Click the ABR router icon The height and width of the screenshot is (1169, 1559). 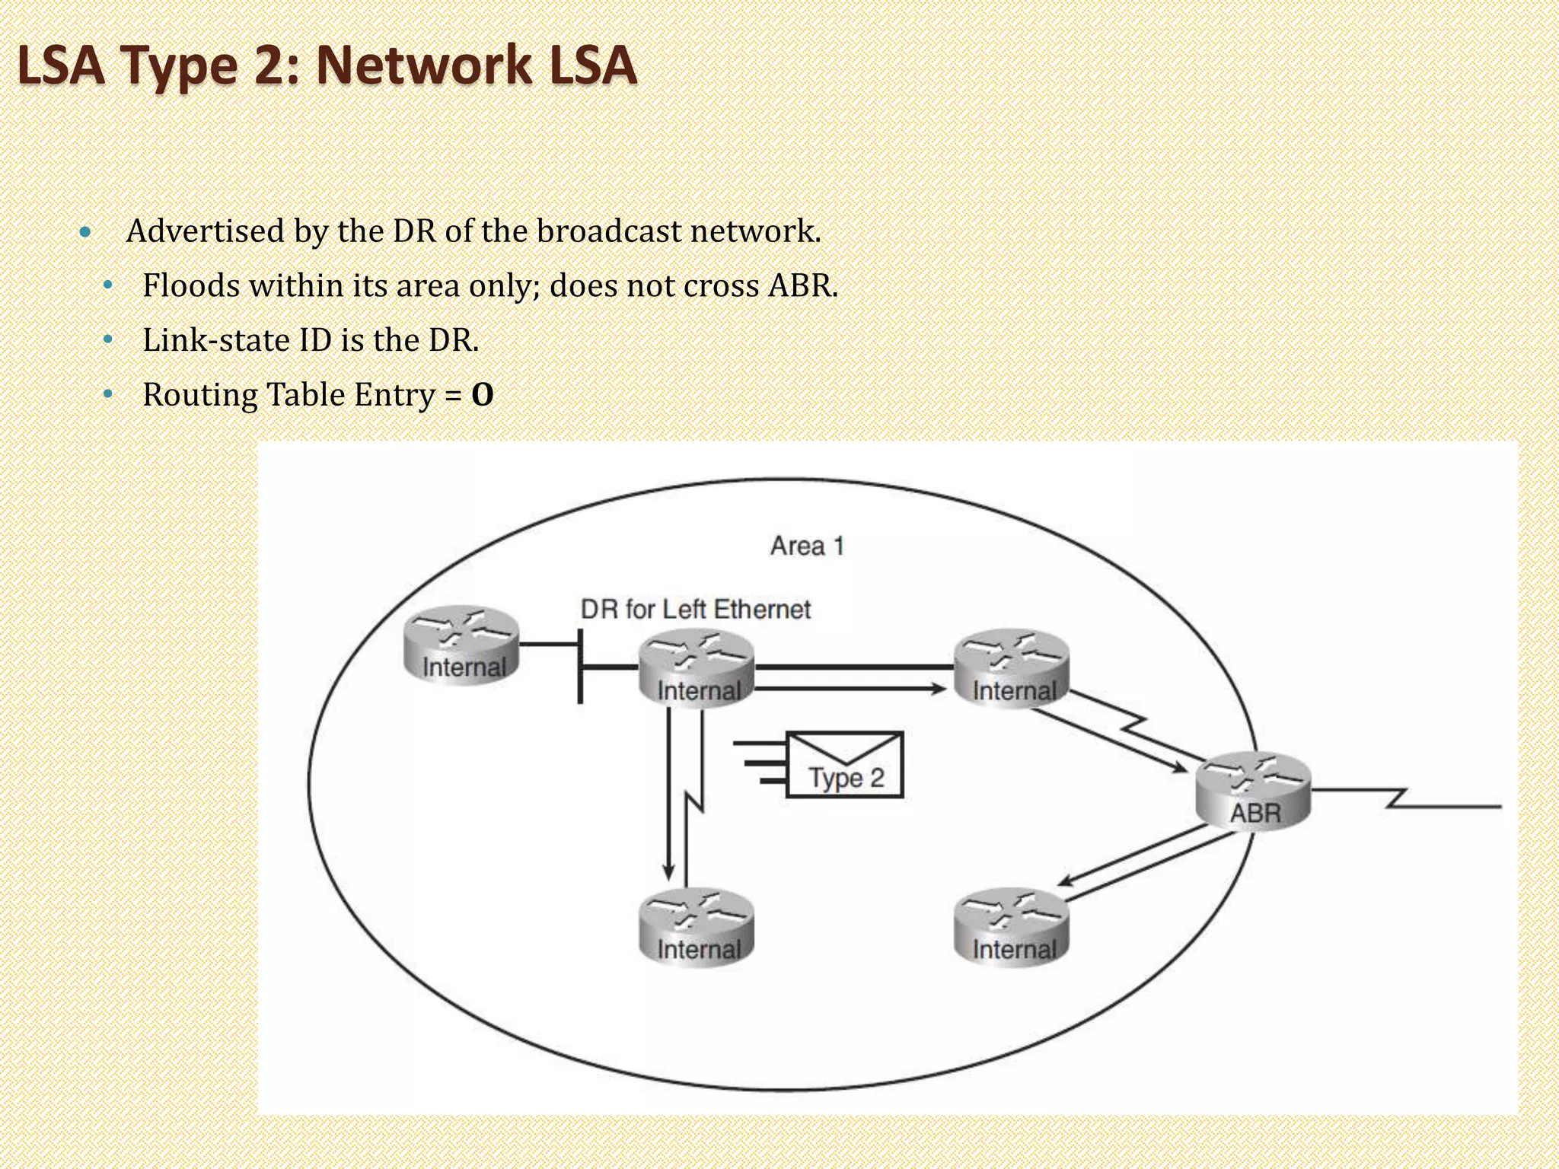click(1253, 792)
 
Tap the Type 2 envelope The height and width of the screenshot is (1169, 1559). click(844, 765)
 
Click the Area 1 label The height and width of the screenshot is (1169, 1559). click(807, 546)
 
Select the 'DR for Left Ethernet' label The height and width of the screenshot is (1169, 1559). click(695, 609)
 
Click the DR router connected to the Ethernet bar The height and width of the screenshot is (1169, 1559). click(697, 669)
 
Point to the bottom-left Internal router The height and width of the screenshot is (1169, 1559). click(697, 928)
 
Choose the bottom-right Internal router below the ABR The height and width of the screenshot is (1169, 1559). click(1012, 928)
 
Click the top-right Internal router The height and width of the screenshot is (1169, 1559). click(1012, 669)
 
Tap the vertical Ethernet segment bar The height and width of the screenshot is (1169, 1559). click(581, 666)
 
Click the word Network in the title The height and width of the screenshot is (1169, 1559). click(423, 65)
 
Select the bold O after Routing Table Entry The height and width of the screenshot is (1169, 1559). click(483, 395)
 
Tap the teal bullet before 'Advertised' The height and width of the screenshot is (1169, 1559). click(84, 231)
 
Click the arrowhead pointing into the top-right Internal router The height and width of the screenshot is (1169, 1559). click(939, 689)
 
